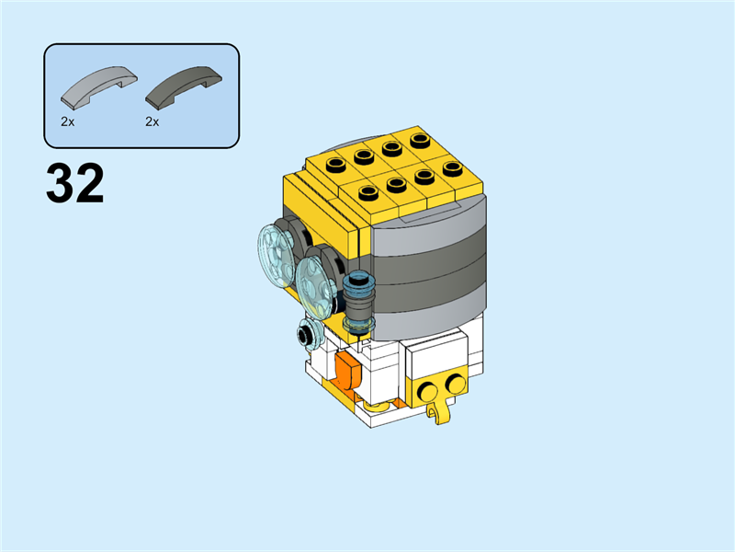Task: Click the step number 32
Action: (75, 185)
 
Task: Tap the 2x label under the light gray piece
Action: (67, 121)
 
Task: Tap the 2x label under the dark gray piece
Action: (152, 121)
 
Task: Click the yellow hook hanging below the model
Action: (442, 411)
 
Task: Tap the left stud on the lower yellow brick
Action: (427, 392)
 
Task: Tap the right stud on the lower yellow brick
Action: (454, 384)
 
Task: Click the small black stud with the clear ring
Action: (307, 335)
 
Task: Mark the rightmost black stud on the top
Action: (451, 167)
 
